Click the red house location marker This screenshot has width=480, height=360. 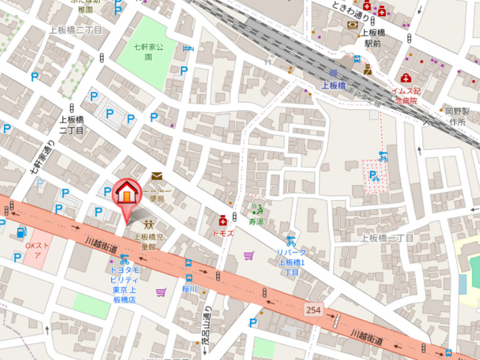coord(126,193)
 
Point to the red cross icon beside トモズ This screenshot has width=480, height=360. coord(222,221)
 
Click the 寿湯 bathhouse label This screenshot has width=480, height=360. coord(256,221)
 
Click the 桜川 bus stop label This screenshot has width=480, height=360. coord(189,289)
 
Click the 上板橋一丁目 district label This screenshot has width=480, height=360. coord(387,238)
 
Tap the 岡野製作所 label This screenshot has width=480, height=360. coord(456,116)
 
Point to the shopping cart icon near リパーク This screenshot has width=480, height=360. coord(249,255)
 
